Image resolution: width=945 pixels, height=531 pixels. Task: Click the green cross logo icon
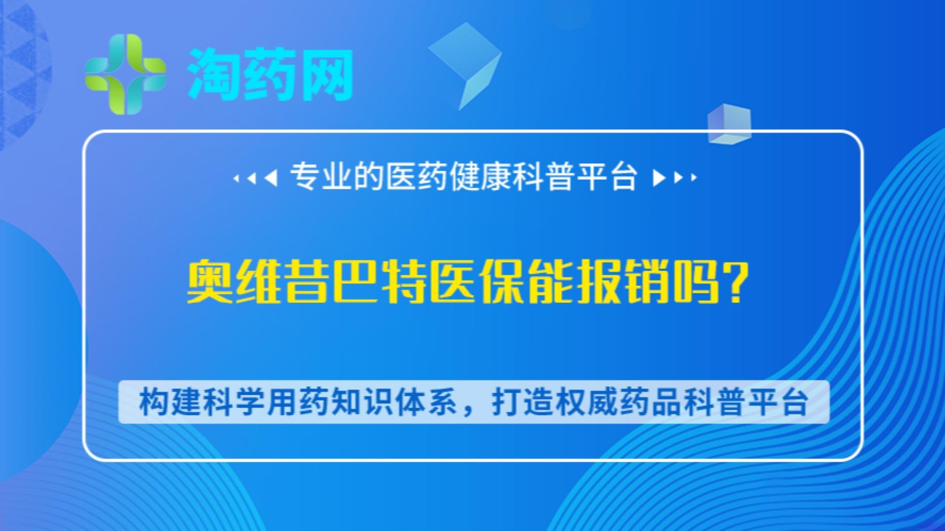126,74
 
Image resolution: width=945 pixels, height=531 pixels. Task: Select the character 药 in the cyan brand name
270,75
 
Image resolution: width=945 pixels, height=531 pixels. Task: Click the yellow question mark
737,283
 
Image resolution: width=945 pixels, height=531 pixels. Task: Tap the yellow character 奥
210,283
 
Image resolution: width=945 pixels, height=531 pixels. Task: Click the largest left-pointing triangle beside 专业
271,177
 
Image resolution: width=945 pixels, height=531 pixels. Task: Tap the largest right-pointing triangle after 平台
658,177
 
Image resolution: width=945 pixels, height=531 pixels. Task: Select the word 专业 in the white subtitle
321,177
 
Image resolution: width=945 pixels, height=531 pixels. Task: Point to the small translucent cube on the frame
729,123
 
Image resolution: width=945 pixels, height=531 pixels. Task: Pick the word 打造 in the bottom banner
523,402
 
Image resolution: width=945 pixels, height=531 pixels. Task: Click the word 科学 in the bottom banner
234,402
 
